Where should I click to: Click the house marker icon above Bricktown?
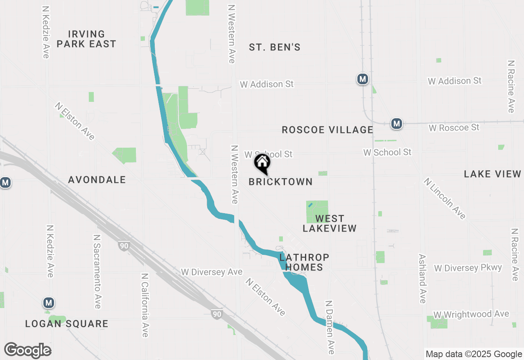tap(262, 163)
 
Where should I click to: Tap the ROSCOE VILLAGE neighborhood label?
tap(327, 130)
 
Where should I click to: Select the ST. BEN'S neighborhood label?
tap(275, 47)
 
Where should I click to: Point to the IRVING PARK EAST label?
tap(86, 39)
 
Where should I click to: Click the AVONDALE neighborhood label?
tap(97, 180)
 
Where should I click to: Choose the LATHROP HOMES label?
tap(304, 262)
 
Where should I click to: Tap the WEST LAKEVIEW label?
tap(330, 223)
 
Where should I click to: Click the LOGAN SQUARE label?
tap(67, 324)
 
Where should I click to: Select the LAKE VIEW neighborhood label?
tap(492, 174)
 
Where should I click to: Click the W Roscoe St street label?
tap(454, 128)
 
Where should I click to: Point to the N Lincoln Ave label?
tap(445, 198)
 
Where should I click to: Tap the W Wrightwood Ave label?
tap(472, 315)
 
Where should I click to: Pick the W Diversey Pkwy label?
tap(468, 268)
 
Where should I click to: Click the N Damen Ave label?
tap(330, 327)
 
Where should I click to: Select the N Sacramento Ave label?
tap(97, 272)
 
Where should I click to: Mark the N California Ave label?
tap(144, 305)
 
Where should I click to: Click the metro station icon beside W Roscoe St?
tap(396, 124)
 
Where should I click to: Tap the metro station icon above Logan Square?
tap(49, 303)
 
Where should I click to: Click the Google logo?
tap(27, 351)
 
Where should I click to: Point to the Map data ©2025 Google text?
tap(474, 354)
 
